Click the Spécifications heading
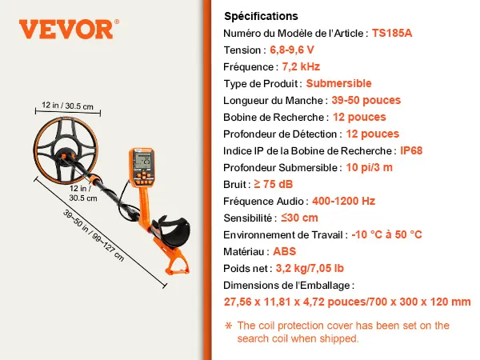coord(261,16)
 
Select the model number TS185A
coord(392,33)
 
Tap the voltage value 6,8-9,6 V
coord(292,50)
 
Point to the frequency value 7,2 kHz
coord(301,66)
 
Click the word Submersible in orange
coord(338,83)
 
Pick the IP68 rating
coord(411,150)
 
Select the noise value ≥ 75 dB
coord(274,184)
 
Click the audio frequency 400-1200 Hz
coord(343,201)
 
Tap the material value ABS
coord(284,252)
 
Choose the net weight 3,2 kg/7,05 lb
coord(310,269)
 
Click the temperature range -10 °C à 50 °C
coord(386,234)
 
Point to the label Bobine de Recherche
coord(274,118)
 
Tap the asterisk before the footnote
coord(228,326)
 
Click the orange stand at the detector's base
coord(176,260)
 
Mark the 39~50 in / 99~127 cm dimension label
coord(94,235)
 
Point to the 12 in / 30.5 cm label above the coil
coord(68,106)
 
